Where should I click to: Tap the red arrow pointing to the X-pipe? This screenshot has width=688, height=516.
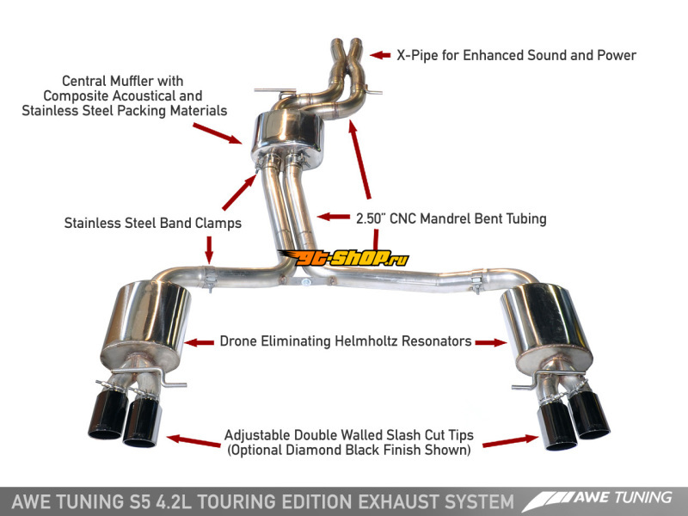(380, 55)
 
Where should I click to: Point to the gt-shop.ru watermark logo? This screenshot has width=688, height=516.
(345, 258)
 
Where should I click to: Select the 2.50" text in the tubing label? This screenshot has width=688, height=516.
(371, 218)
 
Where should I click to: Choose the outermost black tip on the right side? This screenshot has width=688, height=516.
(589, 414)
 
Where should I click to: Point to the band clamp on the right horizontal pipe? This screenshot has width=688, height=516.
(476, 281)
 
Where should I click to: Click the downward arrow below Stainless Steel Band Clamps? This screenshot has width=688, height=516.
(209, 249)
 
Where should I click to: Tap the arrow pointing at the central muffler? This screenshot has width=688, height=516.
(218, 133)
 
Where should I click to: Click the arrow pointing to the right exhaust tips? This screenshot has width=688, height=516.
(510, 441)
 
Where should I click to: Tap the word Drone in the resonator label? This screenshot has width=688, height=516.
(238, 341)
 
